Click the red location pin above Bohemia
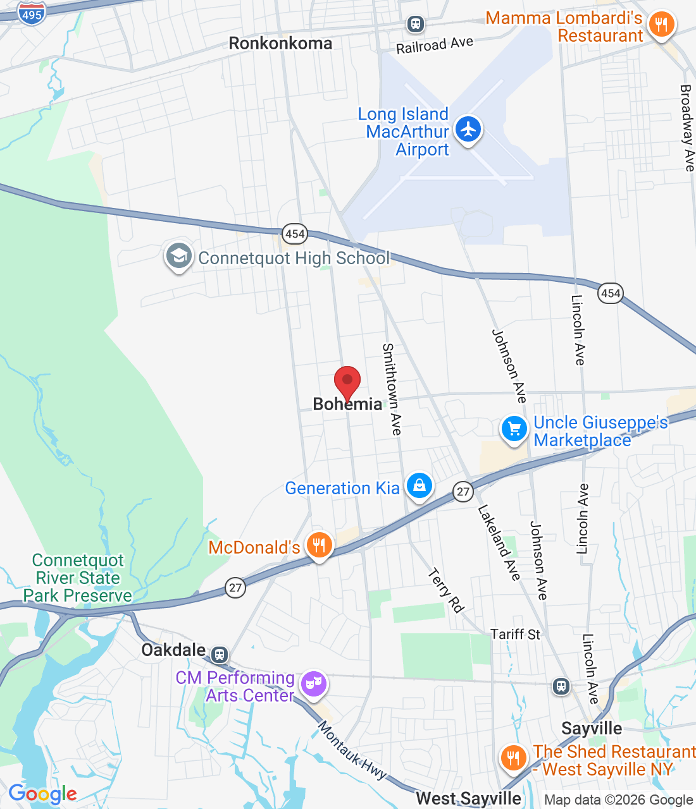pyautogui.click(x=347, y=381)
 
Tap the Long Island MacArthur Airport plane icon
pyautogui.click(x=468, y=129)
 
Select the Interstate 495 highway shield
pyautogui.click(x=31, y=13)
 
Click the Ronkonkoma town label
pyautogui.click(x=280, y=44)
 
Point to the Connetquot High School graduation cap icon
pyautogui.click(x=179, y=257)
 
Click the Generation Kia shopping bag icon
pyautogui.click(x=419, y=486)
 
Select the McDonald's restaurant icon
pyautogui.click(x=320, y=545)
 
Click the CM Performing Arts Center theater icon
pyautogui.click(x=313, y=684)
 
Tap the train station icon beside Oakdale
pyautogui.click(x=220, y=654)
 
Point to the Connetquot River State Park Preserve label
pyautogui.click(x=78, y=578)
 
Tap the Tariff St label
pyautogui.click(x=515, y=635)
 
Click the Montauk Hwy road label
pyautogui.click(x=352, y=751)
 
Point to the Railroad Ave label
pyautogui.click(x=435, y=46)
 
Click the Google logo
pyautogui.click(x=42, y=794)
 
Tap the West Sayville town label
pyautogui.click(x=469, y=799)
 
